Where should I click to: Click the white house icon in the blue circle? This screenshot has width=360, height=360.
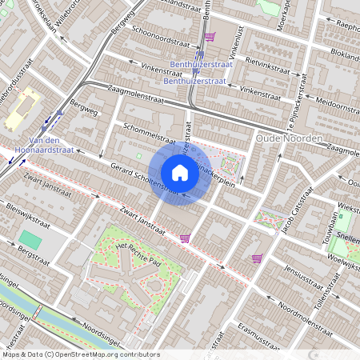click(x=180, y=172)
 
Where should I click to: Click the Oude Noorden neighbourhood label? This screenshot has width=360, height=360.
click(x=288, y=139)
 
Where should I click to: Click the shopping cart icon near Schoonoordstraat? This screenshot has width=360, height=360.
click(x=209, y=37)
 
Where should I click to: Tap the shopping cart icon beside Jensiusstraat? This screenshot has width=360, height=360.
click(x=257, y=258)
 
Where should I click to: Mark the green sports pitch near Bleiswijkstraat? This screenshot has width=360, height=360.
click(x=30, y=239)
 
